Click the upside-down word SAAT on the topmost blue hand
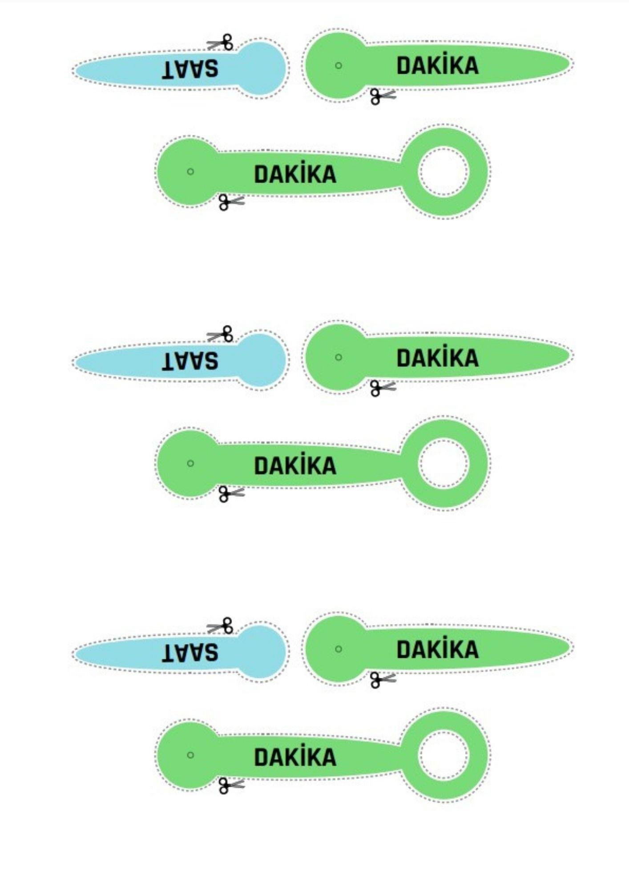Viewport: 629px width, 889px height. point(190,69)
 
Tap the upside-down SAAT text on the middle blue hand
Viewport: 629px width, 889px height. point(190,361)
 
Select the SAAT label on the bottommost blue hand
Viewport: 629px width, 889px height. point(190,653)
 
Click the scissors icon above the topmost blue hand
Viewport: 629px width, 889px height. point(220,43)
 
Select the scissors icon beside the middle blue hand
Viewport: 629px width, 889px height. point(220,334)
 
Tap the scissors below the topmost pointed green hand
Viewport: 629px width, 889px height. point(383,96)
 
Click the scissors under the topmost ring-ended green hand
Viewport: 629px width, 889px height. point(231,202)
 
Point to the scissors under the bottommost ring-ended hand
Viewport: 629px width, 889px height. point(231,785)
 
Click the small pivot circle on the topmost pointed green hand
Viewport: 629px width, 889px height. point(339,65)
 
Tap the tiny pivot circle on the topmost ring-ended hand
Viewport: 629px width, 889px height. point(190,172)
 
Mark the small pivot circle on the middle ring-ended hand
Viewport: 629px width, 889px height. point(190,463)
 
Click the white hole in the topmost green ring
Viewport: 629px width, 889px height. point(444,171)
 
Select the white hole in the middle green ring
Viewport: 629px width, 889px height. point(444,463)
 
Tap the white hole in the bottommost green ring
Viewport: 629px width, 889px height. point(444,755)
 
